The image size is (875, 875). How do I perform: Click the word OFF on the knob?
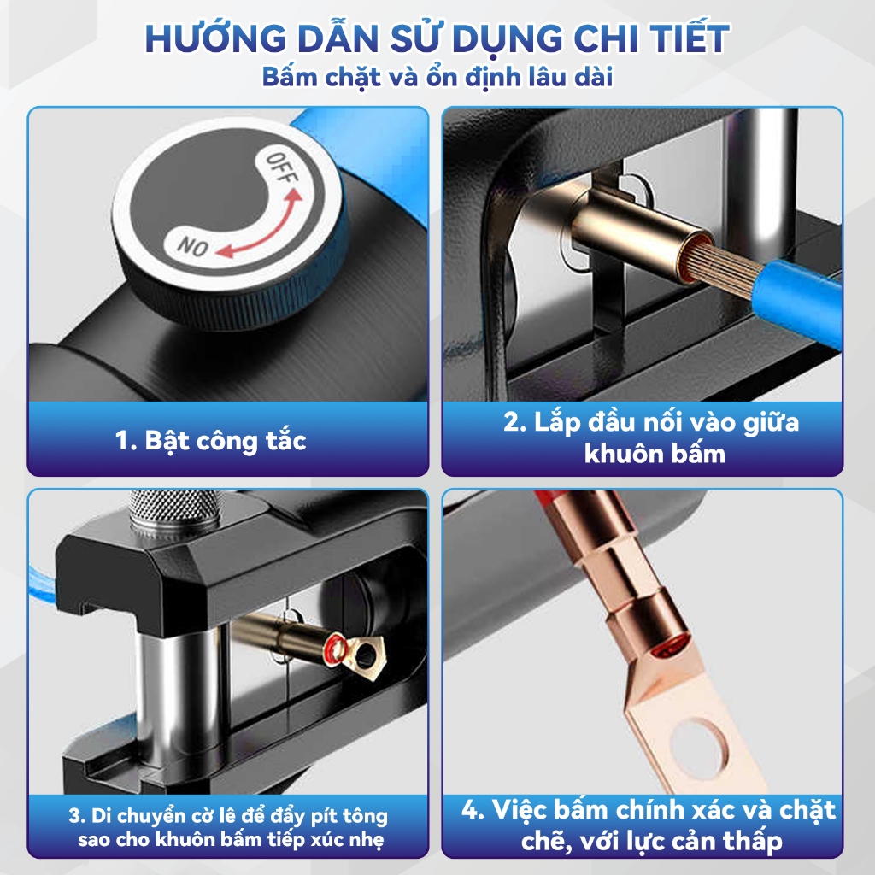pyautogui.click(x=282, y=167)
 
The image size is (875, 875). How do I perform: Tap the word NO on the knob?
pyautogui.click(x=192, y=246)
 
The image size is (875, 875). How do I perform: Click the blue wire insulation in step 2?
pyautogui.click(x=796, y=298)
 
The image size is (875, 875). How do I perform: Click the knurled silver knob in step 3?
pyautogui.click(x=174, y=514)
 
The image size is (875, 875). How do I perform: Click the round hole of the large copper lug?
pyautogui.click(x=701, y=743)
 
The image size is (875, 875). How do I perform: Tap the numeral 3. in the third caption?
pyautogui.click(x=77, y=816)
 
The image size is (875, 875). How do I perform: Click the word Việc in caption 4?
pyautogui.click(x=519, y=810)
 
